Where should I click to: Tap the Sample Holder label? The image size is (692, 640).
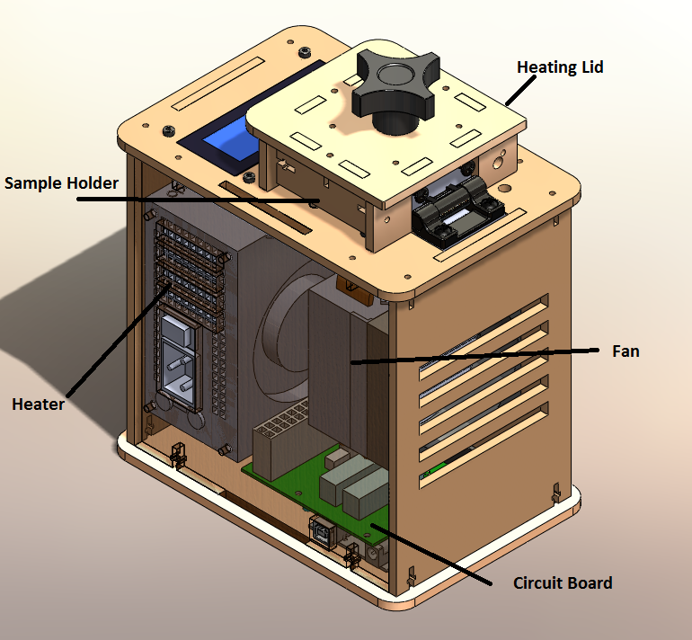61,183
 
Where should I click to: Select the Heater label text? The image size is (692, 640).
38,404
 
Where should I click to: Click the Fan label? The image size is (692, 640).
625,351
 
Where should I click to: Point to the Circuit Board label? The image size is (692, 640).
563,582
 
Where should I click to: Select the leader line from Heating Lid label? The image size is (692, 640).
516,90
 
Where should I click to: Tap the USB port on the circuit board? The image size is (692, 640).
323,531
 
